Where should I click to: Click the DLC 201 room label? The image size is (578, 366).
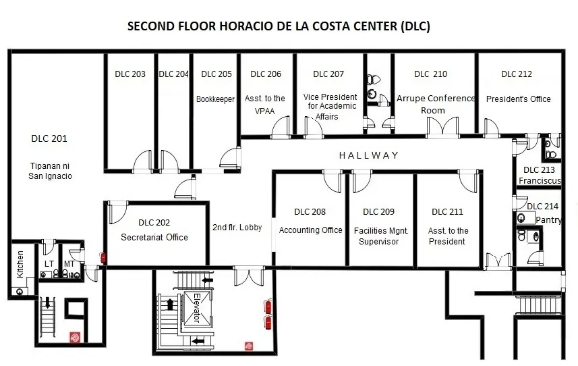[x=49, y=138]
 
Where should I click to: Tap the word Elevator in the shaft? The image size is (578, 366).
[x=197, y=308]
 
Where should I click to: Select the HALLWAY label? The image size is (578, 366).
[x=369, y=155]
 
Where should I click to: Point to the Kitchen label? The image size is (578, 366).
[x=20, y=264]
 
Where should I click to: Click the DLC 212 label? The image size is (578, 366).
[x=517, y=74]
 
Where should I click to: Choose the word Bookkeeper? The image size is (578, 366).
[x=215, y=99]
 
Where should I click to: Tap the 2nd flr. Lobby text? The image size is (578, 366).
[x=237, y=228]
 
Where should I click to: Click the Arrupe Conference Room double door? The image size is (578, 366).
[x=442, y=127]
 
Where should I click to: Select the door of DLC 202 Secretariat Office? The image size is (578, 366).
[x=118, y=212]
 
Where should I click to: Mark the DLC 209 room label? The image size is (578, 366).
[x=378, y=212]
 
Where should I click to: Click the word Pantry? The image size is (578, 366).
[x=548, y=220]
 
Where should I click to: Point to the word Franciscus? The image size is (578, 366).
[x=540, y=180]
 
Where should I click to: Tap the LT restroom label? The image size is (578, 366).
[x=49, y=264]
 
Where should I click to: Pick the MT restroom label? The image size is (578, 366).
[x=69, y=264]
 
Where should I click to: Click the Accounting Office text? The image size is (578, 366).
[x=311, y=230]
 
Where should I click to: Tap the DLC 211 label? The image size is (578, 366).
[x=447, y=212]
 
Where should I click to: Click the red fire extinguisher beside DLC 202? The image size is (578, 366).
[x=103, y=257]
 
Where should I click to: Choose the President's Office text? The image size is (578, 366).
[x=518, y=99]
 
